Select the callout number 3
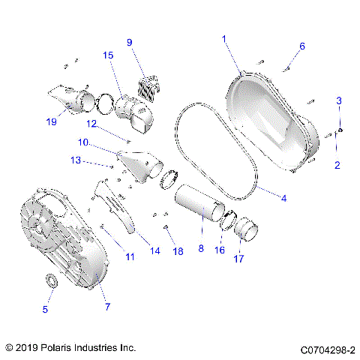pyautogui.click(x=339, y=100)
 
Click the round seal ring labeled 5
pyautogui.click(x=52, y=281)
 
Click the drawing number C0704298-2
pyautogui.click(x=328, y=349)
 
